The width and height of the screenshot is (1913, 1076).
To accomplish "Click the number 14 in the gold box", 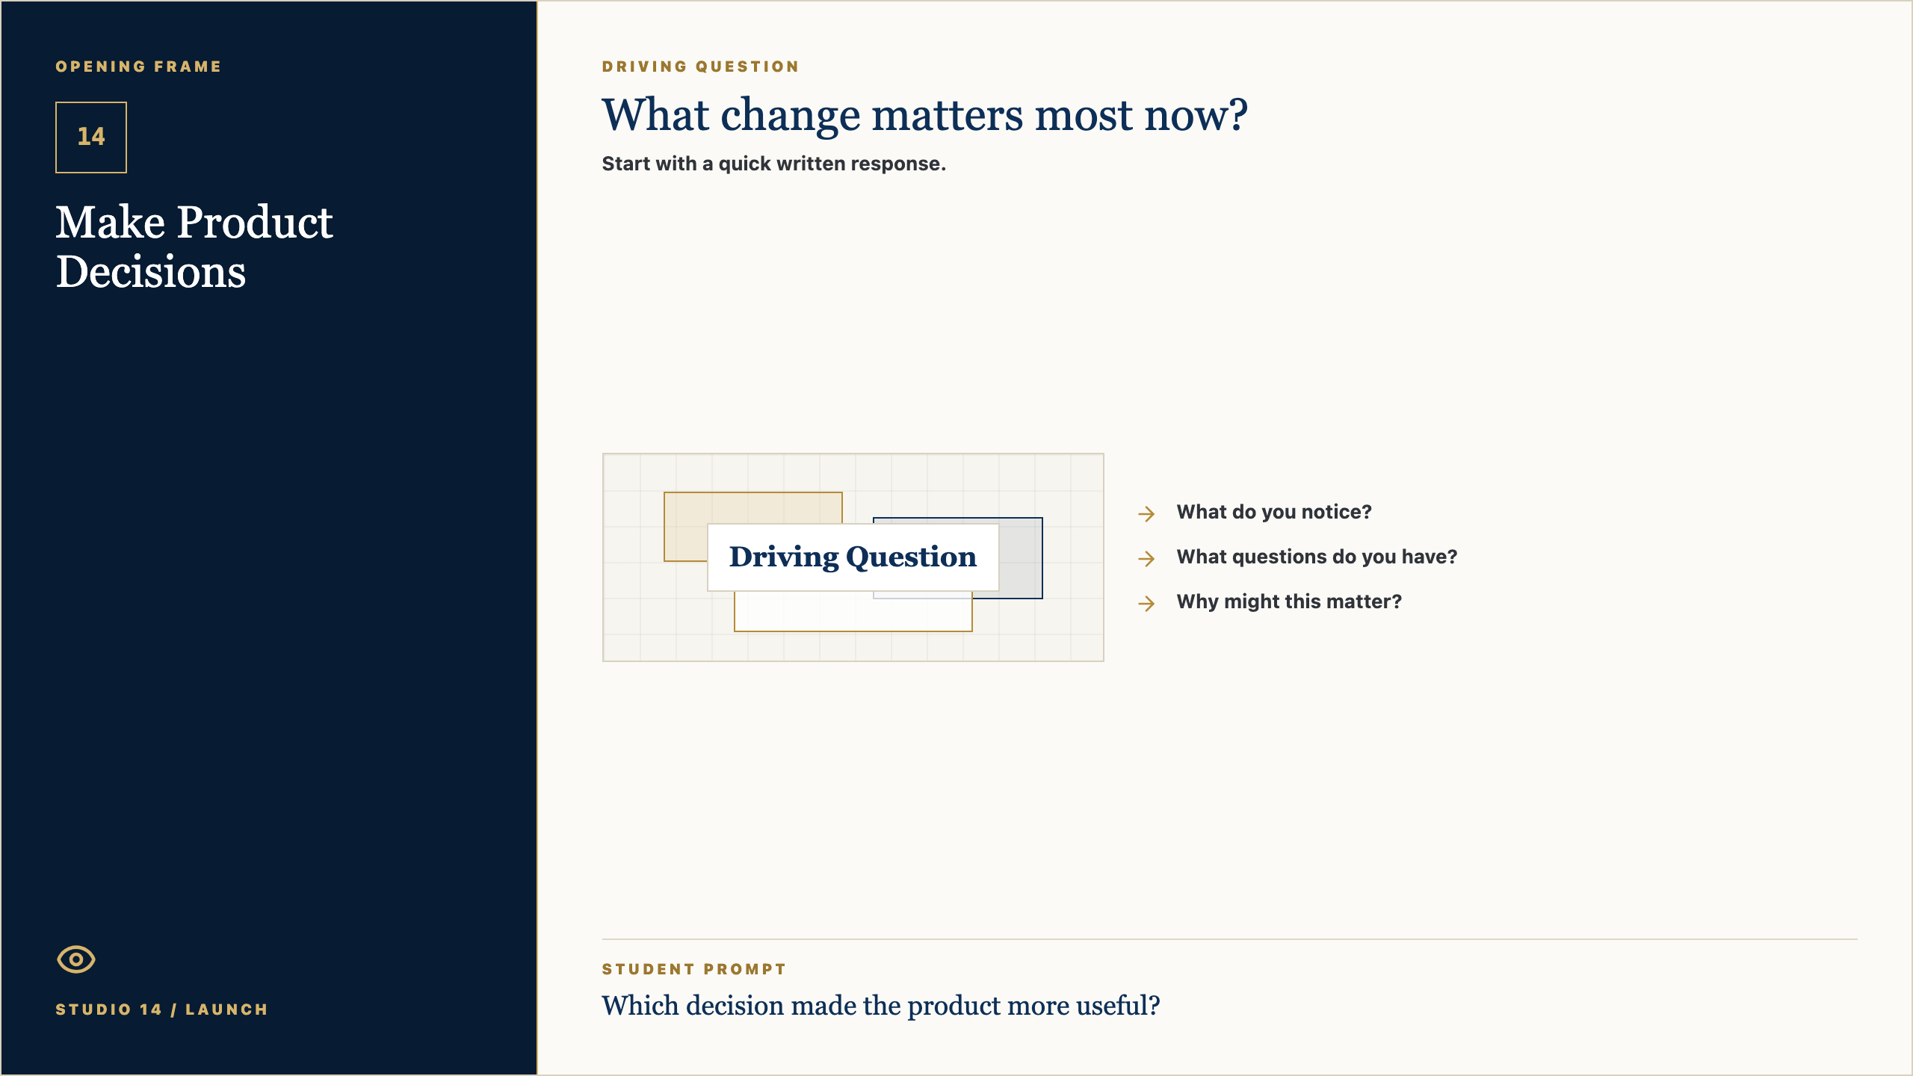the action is [x=91, y=137].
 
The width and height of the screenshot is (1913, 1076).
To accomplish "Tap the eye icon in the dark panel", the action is [x=76, y=959].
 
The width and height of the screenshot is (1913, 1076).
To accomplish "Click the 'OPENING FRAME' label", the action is [x=138, y=67].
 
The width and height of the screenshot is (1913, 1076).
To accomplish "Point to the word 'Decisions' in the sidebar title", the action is [x=151, y=271].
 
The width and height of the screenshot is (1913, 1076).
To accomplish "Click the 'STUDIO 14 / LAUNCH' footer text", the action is [x=161, y=1009].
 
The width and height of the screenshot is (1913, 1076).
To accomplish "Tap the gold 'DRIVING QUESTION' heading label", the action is [x=700, y=67].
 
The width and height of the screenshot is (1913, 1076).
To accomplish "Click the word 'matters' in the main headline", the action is [x=948, y=116].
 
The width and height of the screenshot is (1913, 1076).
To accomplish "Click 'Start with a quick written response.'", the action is [x=774, y=164].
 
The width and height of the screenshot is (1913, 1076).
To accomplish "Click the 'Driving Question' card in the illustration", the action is [x=853, y=557].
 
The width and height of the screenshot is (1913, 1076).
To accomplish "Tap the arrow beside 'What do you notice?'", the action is [x=1146, y=513].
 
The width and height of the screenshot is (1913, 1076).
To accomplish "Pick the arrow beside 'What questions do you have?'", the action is [x=1146, y=558].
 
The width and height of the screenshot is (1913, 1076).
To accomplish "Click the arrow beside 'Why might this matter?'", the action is [x=1146, y=603].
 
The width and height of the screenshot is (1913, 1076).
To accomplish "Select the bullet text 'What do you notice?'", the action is [x=1274, y=512].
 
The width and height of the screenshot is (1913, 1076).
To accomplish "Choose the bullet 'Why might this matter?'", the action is [x=1289, y=602].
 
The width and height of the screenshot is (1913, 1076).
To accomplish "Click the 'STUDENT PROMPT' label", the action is [x=694, y=969].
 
